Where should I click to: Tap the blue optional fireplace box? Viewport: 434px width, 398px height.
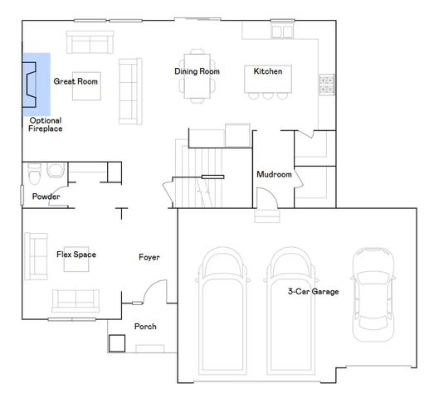[x=37, y=83]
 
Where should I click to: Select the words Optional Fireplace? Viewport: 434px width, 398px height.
[x=46, y=124]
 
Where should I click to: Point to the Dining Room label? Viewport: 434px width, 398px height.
[x=197, y=71]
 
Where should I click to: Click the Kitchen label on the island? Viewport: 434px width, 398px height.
[x=268, y=71]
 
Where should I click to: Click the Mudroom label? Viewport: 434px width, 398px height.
[x=274, y=175]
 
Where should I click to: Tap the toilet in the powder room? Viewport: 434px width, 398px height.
[x=34, y=175]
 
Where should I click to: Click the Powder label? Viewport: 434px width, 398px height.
[x=46, y=197]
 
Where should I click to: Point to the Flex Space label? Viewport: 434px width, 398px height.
[x=76, y=255]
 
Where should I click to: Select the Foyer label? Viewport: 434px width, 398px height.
[x=149, y=258]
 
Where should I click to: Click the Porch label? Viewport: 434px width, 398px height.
[x=145, y=327]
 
